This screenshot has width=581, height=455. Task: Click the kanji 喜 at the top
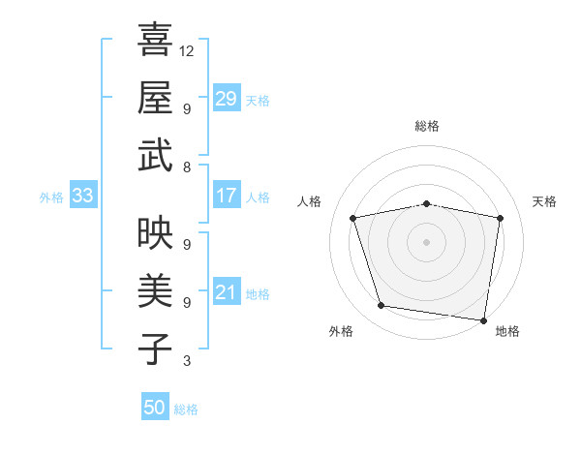(155, 42)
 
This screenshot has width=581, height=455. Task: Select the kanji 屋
(155, 98)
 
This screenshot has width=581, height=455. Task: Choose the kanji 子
(155, 348)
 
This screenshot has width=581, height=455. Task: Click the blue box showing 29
(227, 99)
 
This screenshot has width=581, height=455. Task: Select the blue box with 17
(227, 196)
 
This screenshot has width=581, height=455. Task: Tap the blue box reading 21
(227, 292)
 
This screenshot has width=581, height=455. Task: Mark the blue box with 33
(82, 196)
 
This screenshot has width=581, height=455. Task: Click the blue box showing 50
(155, 408)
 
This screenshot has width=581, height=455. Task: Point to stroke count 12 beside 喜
(187, 50)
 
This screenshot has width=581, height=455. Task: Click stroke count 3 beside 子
(186, 361)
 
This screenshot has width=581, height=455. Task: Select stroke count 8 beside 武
(186, 167)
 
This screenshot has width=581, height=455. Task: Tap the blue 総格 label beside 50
(186, 409)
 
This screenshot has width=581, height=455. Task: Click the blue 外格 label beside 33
(51, 197)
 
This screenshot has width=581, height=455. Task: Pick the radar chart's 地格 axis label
(507, 331)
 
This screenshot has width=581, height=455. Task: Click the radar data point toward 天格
(500, 218)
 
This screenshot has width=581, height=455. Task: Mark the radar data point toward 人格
(353, 218)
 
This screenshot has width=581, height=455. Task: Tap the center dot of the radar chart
(426, 241)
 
